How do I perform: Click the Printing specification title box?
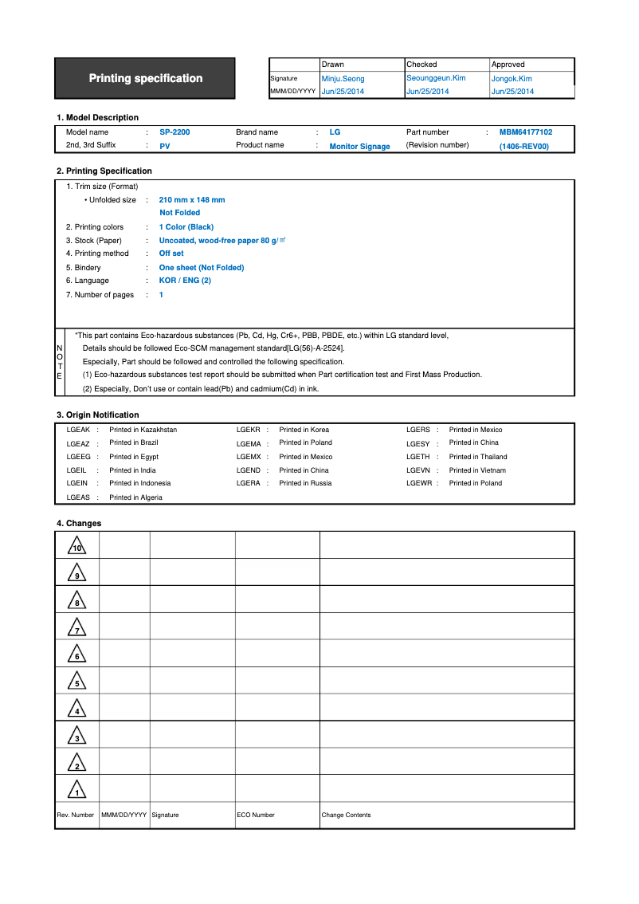coord(145,78)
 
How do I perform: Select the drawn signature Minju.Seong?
coord(343,79)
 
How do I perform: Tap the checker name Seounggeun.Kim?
coord(436,78)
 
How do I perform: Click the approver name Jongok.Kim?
coord(512,79)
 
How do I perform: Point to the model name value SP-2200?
coord(174,132)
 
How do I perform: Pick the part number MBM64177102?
coord(526,132)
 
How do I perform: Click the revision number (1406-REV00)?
coord(524,147)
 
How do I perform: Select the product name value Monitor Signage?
coord(359,147)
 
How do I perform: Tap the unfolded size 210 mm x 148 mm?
coord(192,200)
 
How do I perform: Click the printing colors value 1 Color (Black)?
coord(186,227)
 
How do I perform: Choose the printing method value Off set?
coord(171,254)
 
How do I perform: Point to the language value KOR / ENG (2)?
coord(185,281)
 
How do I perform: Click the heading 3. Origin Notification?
coord(97,415)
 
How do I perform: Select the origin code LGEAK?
coord(78,430)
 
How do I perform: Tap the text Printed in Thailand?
coord(478,457)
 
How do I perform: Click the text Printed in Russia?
coord(305,483)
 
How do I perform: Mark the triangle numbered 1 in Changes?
coord(76,791)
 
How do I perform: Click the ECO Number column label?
coord(256,815)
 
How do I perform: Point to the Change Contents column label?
coord(346,815)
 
